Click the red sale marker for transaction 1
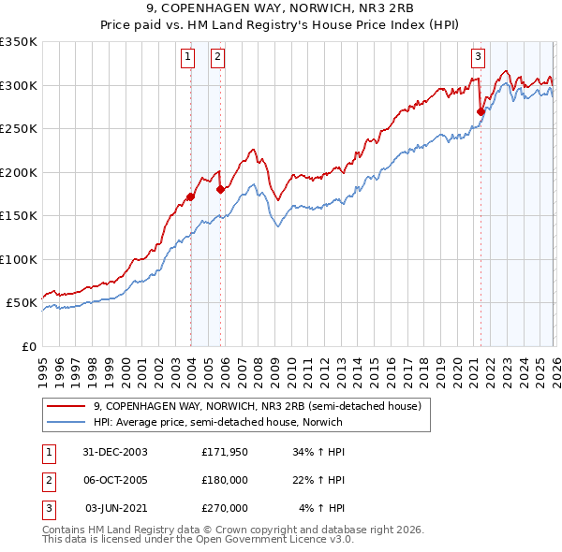pyautogui.click(x=191, y=196)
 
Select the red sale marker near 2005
pyautogui.click(x=220, y=189)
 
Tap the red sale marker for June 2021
pyautogui.click(x=481, y=111)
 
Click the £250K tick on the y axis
pyautogui.click(x=19, y=129)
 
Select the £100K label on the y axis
pyautogui.click(x=19, y=259)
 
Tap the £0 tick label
pyautogui.click(x=29, y=346)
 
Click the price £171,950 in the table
pyautogui.click(x=224, y=452)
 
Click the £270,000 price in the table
pyautogui.click(x=224, y=508)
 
